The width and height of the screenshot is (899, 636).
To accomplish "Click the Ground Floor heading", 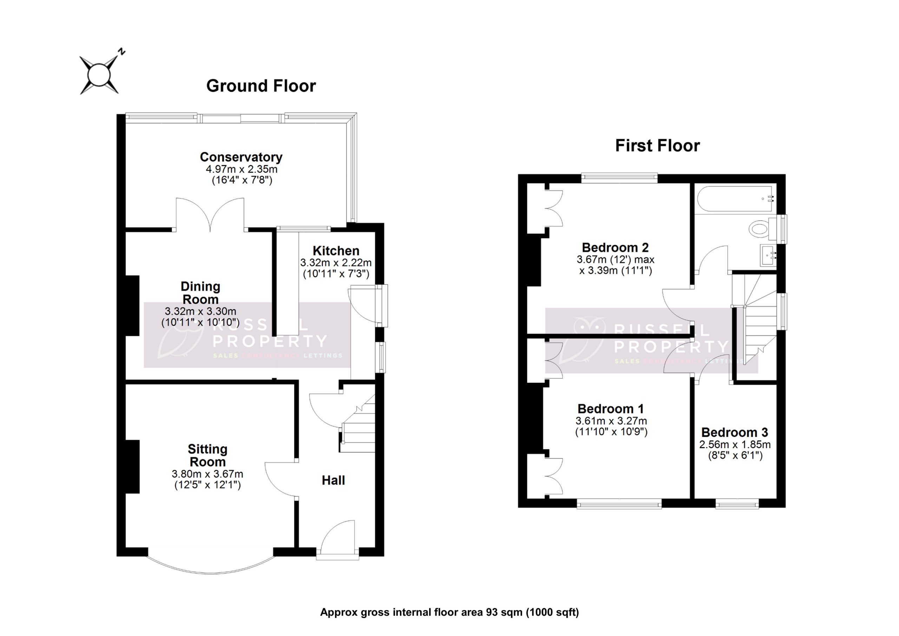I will click(x=261, y=86).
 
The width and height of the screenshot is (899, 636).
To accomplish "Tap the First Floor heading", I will click(x=657, y=145).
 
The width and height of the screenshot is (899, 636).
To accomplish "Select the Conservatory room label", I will click(x=241, y=157).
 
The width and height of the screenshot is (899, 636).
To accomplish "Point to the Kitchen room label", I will click(x=336, y=251).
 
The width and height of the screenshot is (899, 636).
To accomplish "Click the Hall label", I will click(x=333, y=480).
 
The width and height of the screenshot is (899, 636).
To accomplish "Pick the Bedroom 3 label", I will click(x=735, y=432).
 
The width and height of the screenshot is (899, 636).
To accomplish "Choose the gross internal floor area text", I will click(x=449, y=612).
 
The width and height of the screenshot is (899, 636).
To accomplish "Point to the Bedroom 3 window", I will click(x=737, y=504).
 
